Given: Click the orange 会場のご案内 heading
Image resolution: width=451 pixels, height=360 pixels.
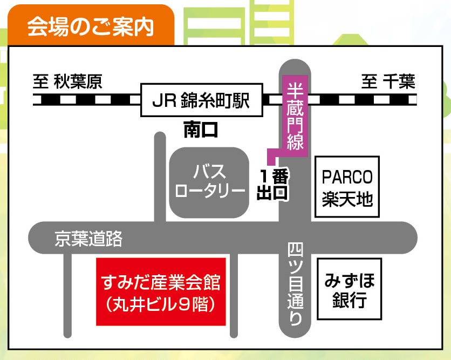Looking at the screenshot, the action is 90,25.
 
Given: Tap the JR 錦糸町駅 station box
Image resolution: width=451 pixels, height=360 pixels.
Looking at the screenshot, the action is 202,100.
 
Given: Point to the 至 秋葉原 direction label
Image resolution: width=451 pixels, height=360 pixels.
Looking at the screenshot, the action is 67,82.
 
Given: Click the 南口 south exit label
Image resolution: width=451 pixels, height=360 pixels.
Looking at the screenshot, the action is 201,130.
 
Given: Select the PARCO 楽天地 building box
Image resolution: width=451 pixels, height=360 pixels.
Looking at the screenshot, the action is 347,187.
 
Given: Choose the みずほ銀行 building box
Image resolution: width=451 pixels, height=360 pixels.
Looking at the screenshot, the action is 349,288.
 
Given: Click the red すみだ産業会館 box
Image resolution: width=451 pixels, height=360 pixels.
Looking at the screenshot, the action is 161,291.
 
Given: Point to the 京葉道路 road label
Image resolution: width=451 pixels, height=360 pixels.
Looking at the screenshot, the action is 88,239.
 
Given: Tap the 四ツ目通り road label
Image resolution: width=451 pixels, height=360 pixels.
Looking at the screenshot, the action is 295,283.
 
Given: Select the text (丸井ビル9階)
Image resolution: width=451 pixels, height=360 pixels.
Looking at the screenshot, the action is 161,304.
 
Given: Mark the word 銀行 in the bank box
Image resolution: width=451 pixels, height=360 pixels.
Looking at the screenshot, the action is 349,300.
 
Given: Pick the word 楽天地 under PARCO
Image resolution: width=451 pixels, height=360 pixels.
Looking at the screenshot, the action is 347,199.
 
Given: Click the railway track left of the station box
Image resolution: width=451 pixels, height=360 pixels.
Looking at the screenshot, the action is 86,100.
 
